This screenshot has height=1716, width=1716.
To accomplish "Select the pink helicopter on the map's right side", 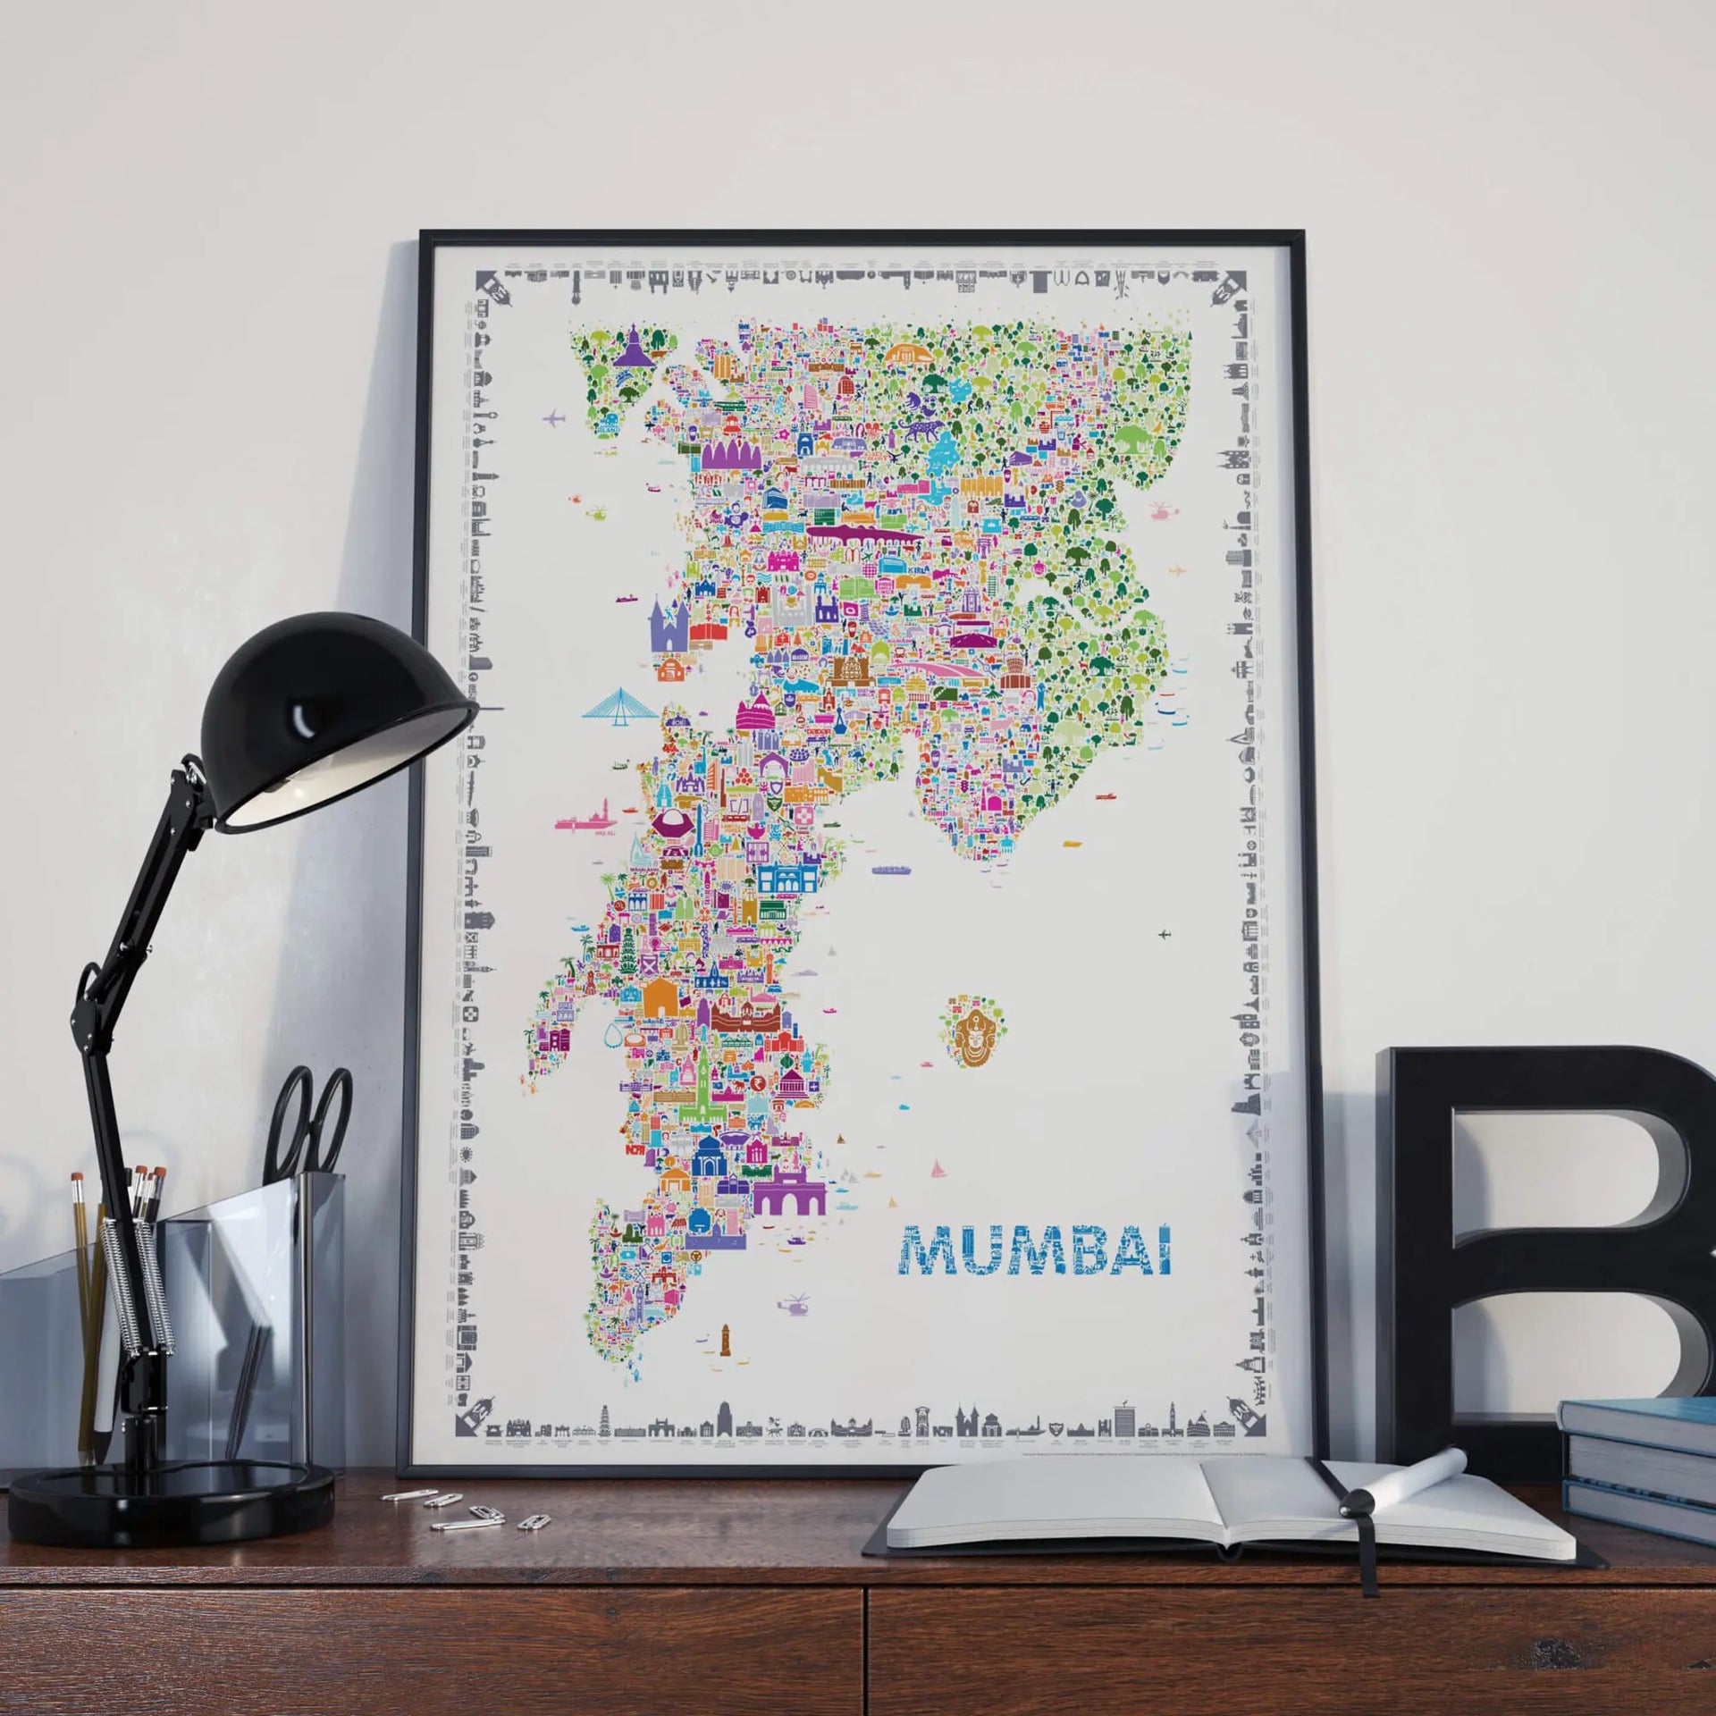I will (1161, 511).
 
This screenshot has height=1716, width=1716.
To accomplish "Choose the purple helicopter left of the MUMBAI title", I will (795, 1306).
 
